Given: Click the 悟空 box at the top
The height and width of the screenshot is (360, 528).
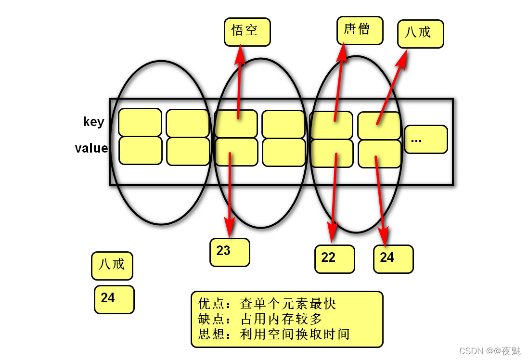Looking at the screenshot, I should coord(247,32).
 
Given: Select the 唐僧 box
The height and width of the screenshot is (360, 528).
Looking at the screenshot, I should coord(360,31).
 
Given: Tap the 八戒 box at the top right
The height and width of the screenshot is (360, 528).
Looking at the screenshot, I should coord(420,34).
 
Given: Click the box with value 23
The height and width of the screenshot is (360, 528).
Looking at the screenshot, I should coord(230,252).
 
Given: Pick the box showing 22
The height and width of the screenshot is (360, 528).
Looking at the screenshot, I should coord(335,259).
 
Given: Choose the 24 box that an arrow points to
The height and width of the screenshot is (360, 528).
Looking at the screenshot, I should coord(393,259).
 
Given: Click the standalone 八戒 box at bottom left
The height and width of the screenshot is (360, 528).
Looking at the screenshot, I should coord(112,265).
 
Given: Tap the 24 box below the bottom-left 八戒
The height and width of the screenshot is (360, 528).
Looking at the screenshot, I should coord(114,299).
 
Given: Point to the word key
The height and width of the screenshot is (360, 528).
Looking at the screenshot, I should coord(93,122).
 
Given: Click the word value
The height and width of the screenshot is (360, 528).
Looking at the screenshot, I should coord(91,148).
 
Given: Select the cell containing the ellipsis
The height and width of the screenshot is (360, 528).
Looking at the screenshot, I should coord(425,140).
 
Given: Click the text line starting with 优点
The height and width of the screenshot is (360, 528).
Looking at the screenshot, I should coord(267,304).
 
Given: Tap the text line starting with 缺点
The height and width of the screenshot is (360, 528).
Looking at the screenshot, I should coord(260,319).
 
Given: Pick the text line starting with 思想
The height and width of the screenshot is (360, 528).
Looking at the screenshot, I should coord(274,334).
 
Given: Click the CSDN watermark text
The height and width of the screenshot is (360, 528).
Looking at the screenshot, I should coord(489,351).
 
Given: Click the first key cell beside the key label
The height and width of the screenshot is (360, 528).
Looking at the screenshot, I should coord(140,122).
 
